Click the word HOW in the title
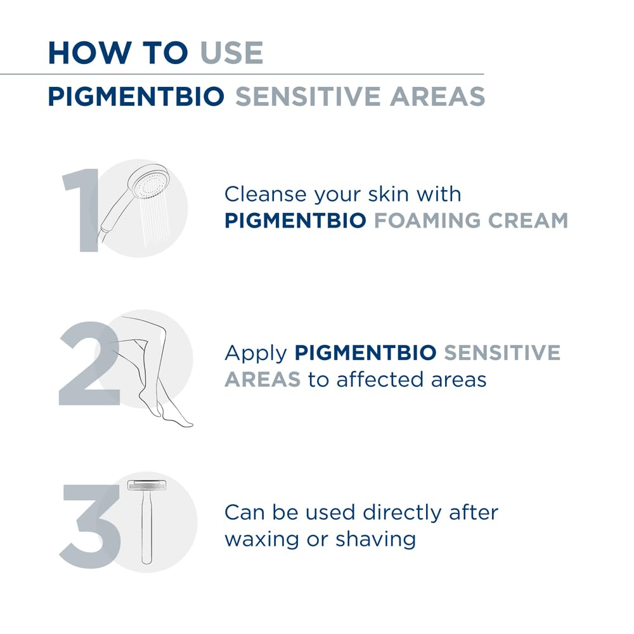coord(90,53)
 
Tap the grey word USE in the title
coord(231,53)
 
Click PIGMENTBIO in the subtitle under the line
coord(136,96)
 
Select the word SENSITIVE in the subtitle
coord(308,96)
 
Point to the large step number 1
coord(82,210)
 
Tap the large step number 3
coord(91,526)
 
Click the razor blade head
coord(147,485)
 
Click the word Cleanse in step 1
coord(266,194)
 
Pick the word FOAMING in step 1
coord(427,221)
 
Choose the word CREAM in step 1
coord(528,221)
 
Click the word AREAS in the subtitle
coord(437,96)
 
